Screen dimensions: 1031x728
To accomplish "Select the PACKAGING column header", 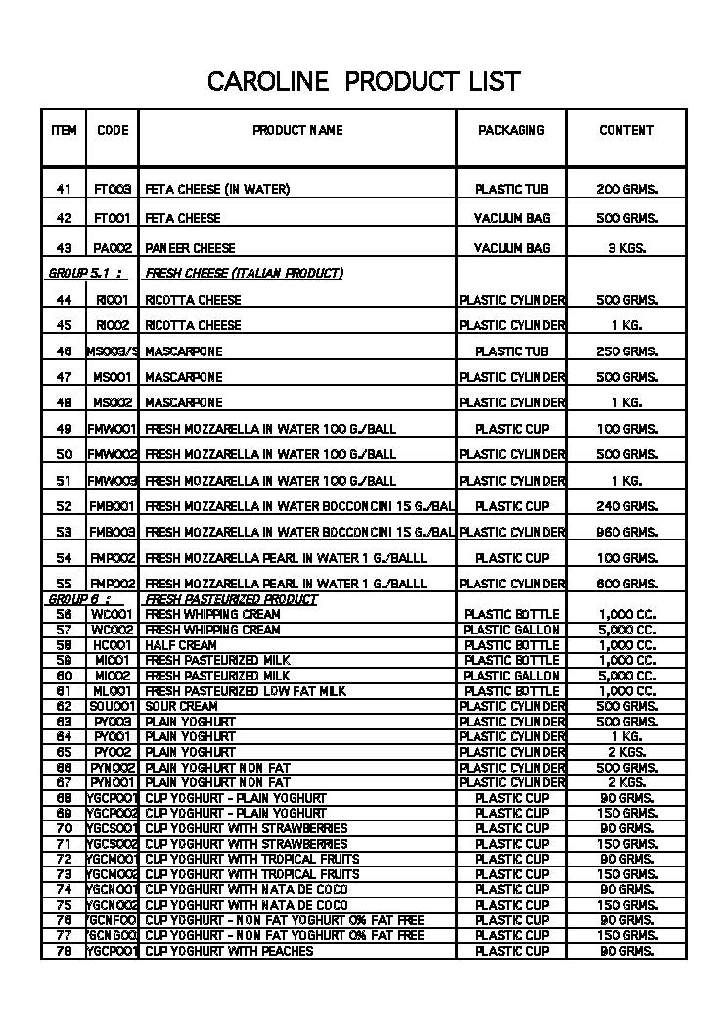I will point(511,130).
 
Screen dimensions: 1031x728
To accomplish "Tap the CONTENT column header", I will point(626,130).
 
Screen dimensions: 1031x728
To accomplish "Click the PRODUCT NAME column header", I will point(297,130).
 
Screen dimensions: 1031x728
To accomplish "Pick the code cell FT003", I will point(113,189).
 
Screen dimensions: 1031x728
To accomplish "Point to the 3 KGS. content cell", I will point(626,248).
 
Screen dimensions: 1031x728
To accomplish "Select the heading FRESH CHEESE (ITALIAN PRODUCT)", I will point(244,273).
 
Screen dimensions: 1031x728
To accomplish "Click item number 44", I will point(64,300).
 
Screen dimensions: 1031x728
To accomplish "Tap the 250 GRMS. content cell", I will point(626,351).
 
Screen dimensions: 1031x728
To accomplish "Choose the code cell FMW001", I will point(113,429).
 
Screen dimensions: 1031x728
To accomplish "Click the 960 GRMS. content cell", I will point(626,532).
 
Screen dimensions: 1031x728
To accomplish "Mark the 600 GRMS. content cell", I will point(626,584).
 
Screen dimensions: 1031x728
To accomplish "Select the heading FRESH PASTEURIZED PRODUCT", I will point(231,599).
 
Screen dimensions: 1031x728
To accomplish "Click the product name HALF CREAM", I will point(181,645).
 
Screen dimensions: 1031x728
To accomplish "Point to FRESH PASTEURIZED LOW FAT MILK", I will point(246,691).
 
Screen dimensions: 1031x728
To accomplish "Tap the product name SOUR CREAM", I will point(181,706).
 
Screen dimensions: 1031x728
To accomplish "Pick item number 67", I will point(64,782).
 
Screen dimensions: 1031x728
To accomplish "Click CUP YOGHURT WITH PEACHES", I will point(229,951).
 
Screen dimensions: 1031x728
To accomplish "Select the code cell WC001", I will point(113,615).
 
